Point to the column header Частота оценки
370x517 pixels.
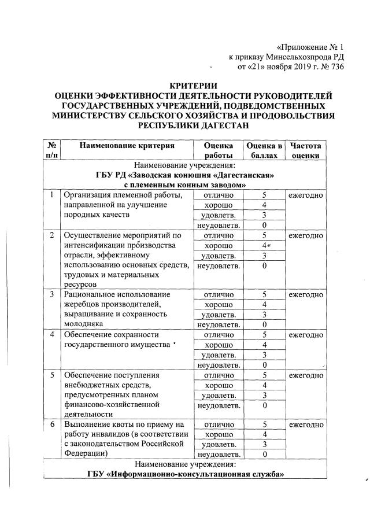click(x=306, y=150)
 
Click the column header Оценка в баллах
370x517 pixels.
click(x=264, y=150)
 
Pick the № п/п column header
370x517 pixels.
click(x=51, y=150)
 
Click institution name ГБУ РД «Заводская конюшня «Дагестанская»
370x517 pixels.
click(x=184, y=175)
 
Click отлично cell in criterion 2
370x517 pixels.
click(x=218, y=235)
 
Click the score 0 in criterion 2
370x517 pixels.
click(x=264, y=266)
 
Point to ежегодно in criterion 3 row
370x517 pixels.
click(x=306, y=294)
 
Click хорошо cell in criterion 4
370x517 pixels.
click(x=218, y=345)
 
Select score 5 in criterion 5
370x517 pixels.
click(x=264, y=376)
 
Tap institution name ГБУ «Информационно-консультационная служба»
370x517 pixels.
click(x=184, y=475)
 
